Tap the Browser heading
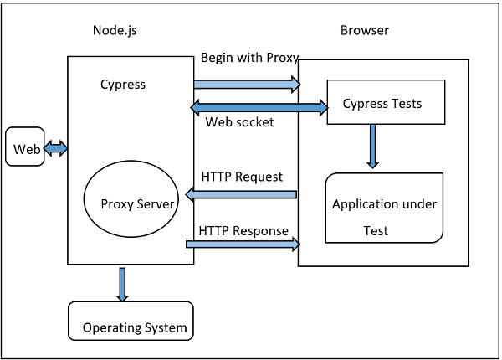pos(364,31)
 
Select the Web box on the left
pos(25,148)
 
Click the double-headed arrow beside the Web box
pos(56,148)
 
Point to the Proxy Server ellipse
pos(130,202)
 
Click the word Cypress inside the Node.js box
pos(122,85)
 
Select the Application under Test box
pos(384,207)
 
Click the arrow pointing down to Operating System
pos(123,285)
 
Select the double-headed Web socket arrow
pos(259,106)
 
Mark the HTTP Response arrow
pos(243,244)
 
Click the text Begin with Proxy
pos(249,59)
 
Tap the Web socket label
pos(239,122)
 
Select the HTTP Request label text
pos(242,177)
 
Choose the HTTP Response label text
pos(243,230)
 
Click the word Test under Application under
pos(376,230)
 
